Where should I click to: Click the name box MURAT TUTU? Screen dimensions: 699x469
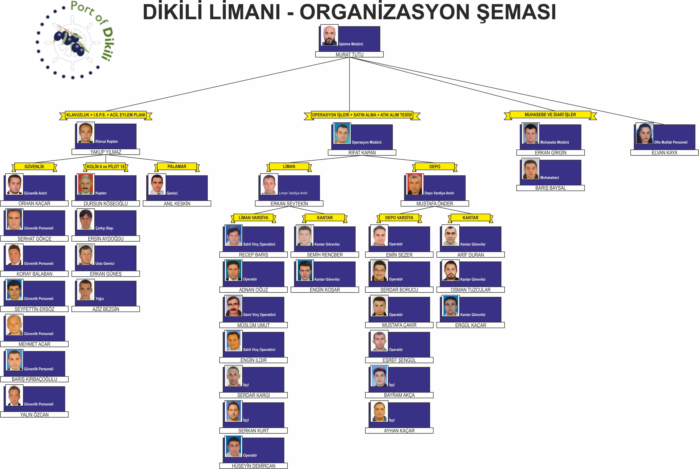349,54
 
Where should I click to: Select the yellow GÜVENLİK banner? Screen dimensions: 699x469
35,167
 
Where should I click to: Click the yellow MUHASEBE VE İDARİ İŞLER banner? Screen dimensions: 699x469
550,115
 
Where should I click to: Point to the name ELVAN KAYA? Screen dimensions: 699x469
664,153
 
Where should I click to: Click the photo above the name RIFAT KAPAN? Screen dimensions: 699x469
342,133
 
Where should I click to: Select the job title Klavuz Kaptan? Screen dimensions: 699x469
107,141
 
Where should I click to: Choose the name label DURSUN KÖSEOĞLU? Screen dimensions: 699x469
106,203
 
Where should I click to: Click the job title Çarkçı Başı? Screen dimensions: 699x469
104,228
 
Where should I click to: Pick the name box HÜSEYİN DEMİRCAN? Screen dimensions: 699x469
253,466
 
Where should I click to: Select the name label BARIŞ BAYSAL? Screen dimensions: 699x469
550,188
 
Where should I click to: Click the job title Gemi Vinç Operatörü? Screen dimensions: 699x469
259,315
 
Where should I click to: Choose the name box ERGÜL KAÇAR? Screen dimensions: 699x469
470,325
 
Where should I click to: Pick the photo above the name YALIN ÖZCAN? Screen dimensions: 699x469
14,395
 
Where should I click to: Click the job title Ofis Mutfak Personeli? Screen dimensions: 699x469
671,142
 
